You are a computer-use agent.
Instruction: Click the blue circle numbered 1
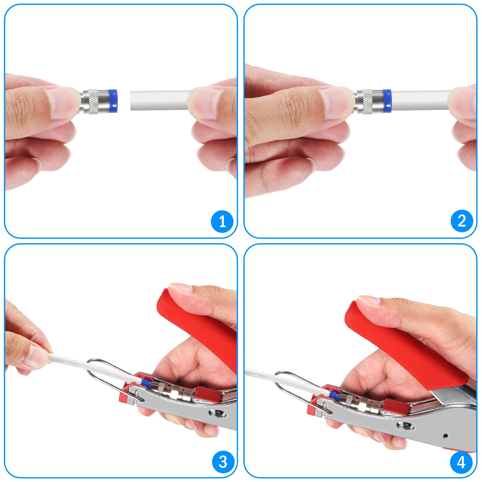pyautogui.click(x=222, y=221)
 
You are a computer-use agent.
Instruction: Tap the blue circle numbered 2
pyautogui.click(x=462, y=221)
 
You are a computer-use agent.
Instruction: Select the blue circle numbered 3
pyautogui.click(x=223, y=462)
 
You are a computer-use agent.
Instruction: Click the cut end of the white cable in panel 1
pyautogui.click(x=132, y=100)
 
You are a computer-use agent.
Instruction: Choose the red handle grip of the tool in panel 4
pyautogui.click(x=404, y=340)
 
